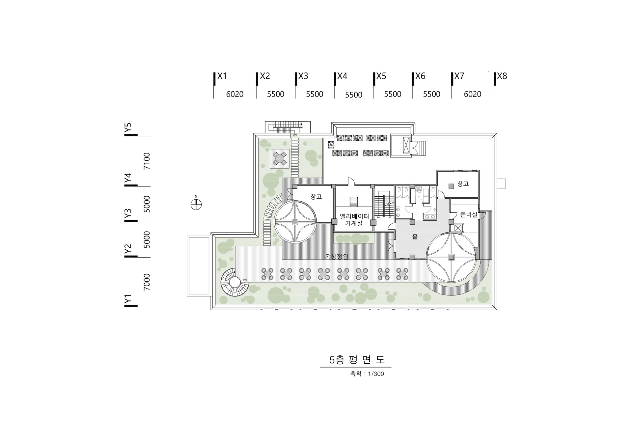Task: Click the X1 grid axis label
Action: point(222,76)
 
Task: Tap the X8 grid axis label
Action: point(502,76)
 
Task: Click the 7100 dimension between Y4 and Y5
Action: point(147,161)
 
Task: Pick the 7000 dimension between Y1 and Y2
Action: point(147,282)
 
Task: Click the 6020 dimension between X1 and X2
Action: point(234,95)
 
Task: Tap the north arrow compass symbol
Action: point(196,204)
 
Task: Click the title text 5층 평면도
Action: point(357,360)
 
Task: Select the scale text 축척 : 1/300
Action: point(367,374)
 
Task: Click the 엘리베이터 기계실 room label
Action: point(354,220)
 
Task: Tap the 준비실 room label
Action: point(468,215)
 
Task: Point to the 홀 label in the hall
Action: point(414,236)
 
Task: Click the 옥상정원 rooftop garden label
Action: point(336,257)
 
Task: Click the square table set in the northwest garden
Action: point(280,158)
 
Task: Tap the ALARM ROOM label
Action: point(418,188)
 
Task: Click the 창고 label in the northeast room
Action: point(463,184)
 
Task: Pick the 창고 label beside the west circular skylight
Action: point(316,197)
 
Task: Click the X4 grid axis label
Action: point(342,76)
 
